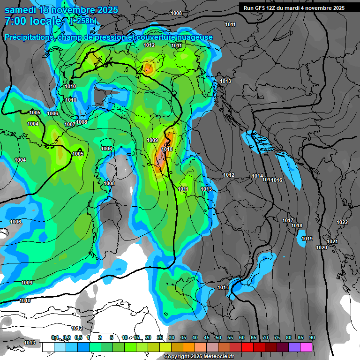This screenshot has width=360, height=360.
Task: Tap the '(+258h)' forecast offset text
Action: pyautogui.click(x=83, y=21)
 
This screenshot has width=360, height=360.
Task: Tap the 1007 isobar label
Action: pyautogui.click(x=70, y=124)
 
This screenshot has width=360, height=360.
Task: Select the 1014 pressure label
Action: pyautogui.click(x=257, y=176)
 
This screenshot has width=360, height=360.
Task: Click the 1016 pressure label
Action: pyautogui.click(x=277, y=180)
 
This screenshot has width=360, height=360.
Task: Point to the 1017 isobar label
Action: pyautogui.click(x=288, y=220)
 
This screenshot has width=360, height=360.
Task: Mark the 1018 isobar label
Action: pyautogui.click(x=297, y=225)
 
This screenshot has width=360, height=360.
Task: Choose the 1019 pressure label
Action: pyautogui.click(x=307, y=239)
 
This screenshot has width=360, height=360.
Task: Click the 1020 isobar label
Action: pyautogui.click(x=321, y=247)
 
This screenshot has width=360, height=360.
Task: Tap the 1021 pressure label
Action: pyautogui.click(x=332, y=241)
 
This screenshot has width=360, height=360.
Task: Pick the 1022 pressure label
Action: pyautogui.click(x=342, y=222)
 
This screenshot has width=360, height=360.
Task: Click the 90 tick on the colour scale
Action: pyautogui.click(x=312, y=337)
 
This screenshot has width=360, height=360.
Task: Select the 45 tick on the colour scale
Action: pyautogui.click(x=207, y=337)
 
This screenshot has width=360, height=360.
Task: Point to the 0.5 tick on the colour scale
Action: pyautogui.click(x=78, y=337)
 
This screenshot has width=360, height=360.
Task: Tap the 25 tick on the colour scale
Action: pyautogui.click(x=160, y=337)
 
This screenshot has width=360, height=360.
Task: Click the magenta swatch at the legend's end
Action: pyautogui.click(x=306, y=347)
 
